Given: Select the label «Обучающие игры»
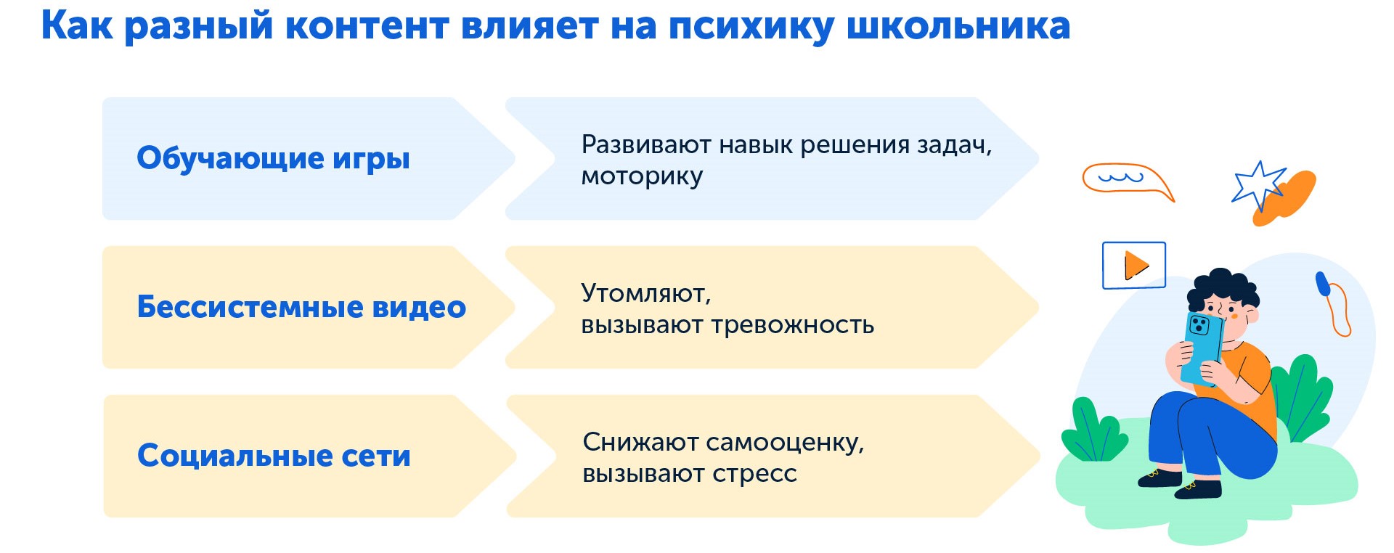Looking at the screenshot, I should coord(273,158).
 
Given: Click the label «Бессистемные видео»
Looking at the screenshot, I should coord(301,307).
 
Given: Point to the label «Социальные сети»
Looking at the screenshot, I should coord(274,456).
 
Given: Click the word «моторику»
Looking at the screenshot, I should coord(642,177).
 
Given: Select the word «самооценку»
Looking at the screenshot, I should coord(785,442).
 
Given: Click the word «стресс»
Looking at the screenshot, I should coord(754,474).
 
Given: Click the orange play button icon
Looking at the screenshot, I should coord(1135,265).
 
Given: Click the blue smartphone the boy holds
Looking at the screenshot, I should coord(1202,345).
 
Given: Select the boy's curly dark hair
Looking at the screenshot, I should coord(1223,287).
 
